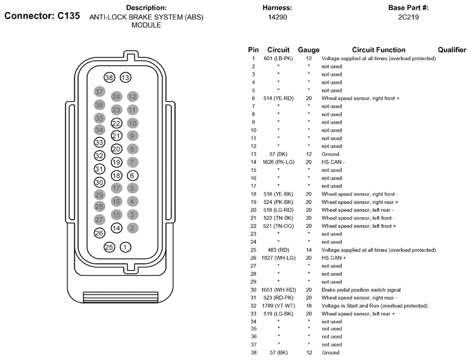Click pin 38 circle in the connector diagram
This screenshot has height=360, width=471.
click(x=109, y=78)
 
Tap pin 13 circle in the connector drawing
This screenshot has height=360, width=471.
click(x=125, y=78)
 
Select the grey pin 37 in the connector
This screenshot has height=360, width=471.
click(x=99, y=92)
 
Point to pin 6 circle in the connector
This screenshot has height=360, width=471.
click(x=132, y=176)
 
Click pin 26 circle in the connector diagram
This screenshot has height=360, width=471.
click(x=99, y=233)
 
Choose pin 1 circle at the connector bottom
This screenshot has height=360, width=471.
click(x=125, y=248)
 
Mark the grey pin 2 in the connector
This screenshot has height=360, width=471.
click(x=132, y=228)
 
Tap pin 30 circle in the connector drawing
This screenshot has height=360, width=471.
click(x=99, y=182)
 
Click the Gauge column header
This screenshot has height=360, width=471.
click(x=308, y=50)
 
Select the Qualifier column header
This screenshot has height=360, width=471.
click(x=452, y=50)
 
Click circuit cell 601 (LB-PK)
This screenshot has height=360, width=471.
click(x=278, y=59)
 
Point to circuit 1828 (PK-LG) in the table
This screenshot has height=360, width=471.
click(x=278, y=162)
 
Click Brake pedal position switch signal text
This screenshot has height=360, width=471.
click(x=361, y=290)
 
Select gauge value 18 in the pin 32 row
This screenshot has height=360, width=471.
click(x=309, y=306)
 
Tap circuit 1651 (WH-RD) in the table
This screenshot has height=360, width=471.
click(x=278, y=290)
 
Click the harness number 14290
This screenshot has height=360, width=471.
click(x=277, y=17)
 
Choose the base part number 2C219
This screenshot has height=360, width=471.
click(x=408, y=17)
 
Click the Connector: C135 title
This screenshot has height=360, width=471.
click(x=42, y=16)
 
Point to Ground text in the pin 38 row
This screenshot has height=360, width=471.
click(x=330, y=353)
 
